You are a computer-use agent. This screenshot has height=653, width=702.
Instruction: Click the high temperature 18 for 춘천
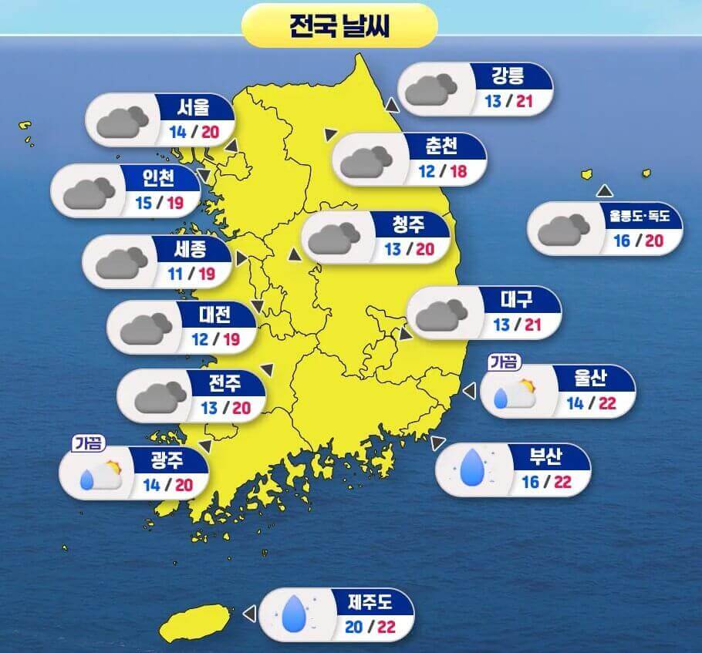(458, 170)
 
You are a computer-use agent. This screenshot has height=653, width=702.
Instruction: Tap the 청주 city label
(408, 225)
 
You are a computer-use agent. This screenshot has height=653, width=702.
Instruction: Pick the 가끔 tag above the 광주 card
(89, 443)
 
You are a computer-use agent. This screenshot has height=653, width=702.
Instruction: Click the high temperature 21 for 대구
(533, 325)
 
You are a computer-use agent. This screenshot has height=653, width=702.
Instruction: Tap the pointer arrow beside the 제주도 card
(248, 613)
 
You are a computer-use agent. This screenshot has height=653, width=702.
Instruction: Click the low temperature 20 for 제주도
(354, 627)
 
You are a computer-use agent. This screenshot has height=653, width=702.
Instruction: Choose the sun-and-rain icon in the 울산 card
(515, 394)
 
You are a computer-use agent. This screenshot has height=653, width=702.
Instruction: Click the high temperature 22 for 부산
(562, 482)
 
